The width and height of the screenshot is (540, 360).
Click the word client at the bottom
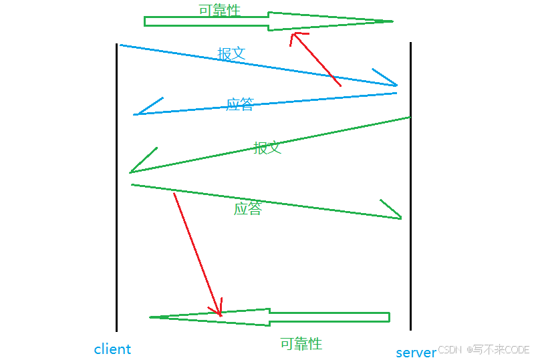(112, 349)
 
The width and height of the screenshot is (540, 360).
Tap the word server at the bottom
(416, 353)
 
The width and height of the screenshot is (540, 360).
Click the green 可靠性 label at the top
(219, 10)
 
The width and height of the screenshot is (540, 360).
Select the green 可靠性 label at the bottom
(301, 344)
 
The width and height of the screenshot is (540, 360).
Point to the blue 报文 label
(231, 54)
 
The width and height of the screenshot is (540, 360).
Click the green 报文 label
(267, 148)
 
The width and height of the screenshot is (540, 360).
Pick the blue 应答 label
(239, 104)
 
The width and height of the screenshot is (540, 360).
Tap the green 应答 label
(247, 208)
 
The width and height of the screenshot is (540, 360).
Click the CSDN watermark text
(450, 349)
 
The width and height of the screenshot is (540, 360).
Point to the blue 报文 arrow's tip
(397, 85)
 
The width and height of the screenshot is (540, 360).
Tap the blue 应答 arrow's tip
(134, 115)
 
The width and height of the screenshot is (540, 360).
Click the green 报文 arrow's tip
(131, 172)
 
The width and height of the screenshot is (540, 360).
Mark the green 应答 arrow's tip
(401, 218)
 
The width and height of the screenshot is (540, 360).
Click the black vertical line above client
(116, 187)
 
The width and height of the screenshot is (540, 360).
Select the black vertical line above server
(410, 187)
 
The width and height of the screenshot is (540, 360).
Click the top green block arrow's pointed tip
(392, 21)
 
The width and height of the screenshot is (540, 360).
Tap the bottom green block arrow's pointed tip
(150, 317)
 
